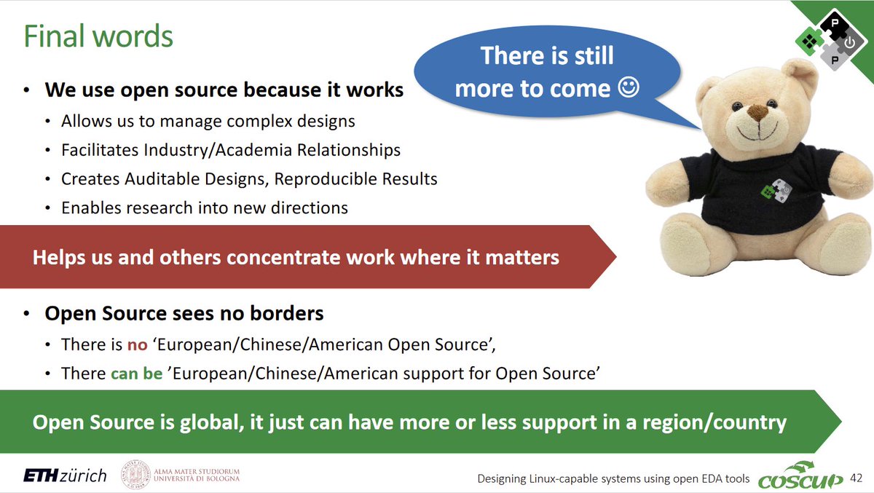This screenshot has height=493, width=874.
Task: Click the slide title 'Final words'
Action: click(98, 36)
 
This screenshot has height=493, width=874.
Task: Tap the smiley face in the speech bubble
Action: click(628, 88)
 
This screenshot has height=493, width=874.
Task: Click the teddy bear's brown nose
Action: click(757, 113)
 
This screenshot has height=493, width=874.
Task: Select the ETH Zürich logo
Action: click(65, 476)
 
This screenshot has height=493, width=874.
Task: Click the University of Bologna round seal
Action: click(135, 476)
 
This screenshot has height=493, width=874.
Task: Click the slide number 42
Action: click(857, 478)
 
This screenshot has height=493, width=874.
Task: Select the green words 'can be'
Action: click(136, 374)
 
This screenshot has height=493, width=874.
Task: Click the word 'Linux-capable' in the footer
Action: click(571, 478)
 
